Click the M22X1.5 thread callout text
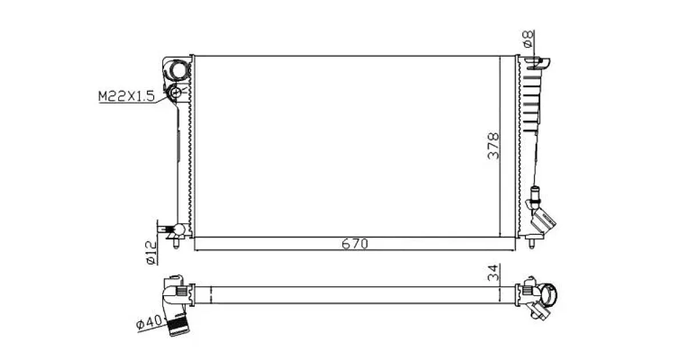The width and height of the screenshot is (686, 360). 126,96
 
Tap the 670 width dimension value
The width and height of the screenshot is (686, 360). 354,244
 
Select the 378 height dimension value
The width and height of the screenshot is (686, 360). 493,146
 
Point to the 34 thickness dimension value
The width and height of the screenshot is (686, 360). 493,273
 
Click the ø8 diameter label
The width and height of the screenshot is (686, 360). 528,39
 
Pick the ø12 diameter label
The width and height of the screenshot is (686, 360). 151,253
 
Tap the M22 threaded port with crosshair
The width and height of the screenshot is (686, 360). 176,92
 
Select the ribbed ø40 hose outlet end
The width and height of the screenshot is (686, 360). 178,327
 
